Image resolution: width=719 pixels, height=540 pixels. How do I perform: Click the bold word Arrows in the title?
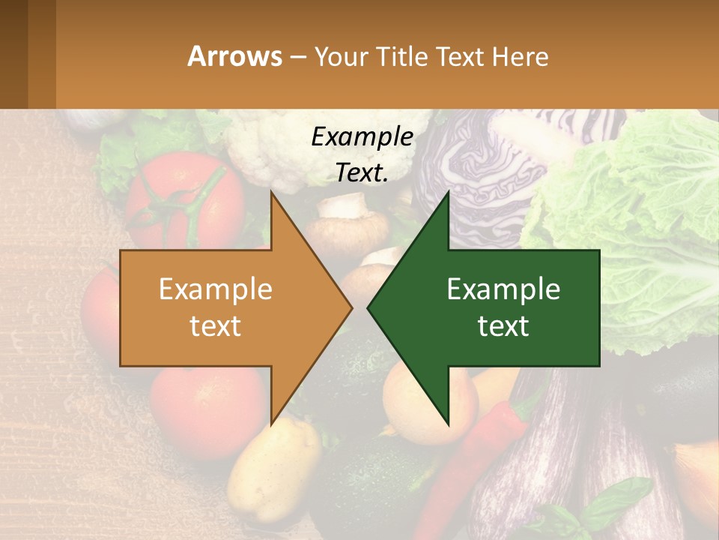coord(234,56)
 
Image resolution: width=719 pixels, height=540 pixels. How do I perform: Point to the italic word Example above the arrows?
coord(362,137)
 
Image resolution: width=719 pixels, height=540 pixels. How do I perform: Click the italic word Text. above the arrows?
coord(362,172)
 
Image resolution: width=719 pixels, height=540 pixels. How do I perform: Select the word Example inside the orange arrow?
coord(216,289)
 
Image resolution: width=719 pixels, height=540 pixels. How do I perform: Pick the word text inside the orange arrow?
coord(216,325)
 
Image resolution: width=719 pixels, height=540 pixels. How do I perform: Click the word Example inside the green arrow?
coord(503,289)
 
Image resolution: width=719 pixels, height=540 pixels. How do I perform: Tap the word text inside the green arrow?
coord(503,325)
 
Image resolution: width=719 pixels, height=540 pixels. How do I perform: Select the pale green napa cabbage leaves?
coord(644,195)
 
